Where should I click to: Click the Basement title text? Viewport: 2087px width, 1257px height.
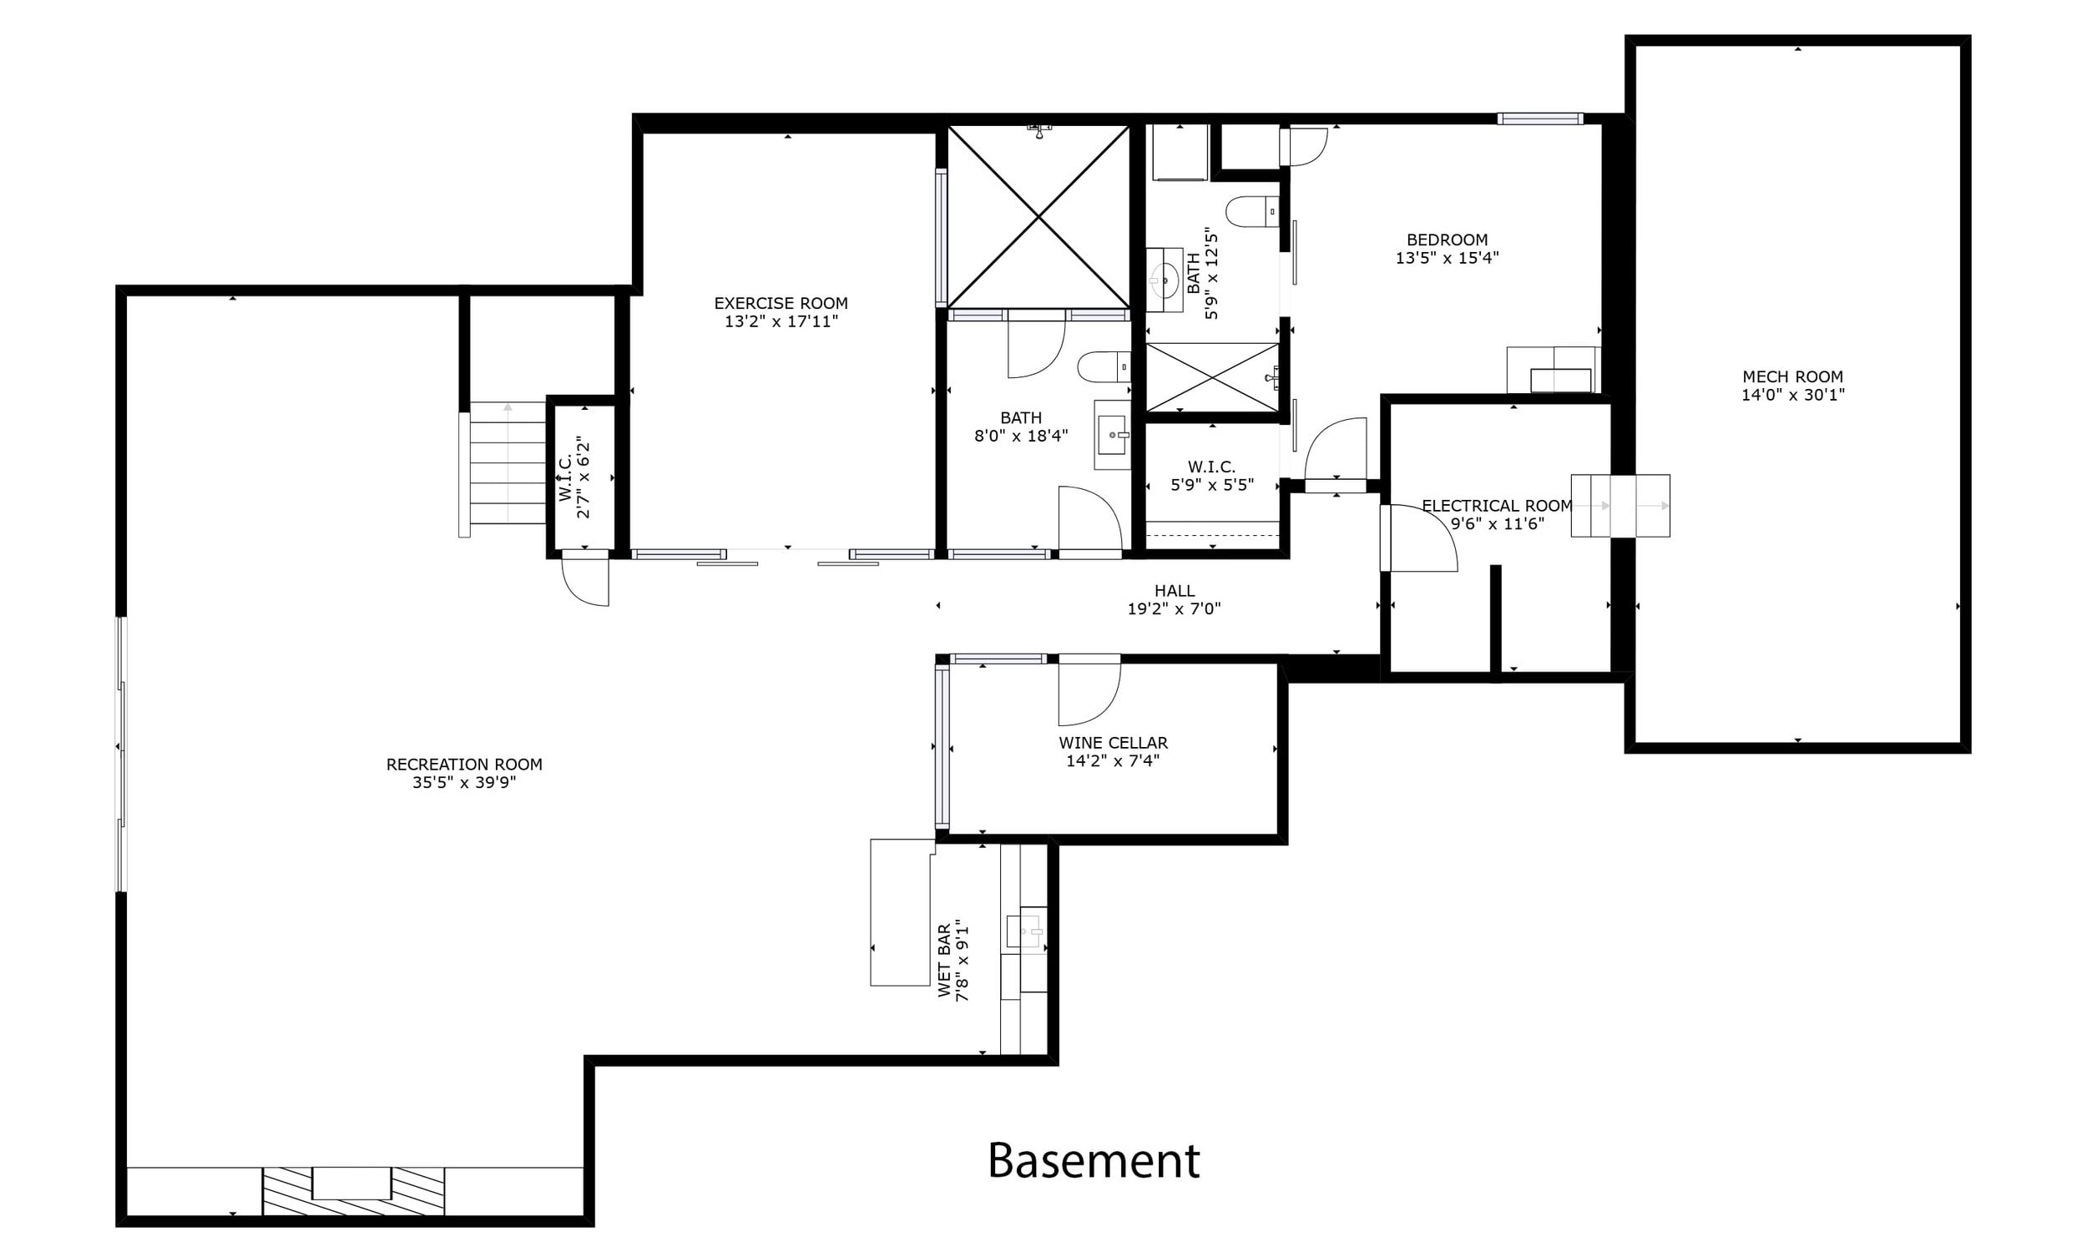click(x=1094, y=1160)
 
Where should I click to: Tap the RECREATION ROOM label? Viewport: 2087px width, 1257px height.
click(x=464, y=764)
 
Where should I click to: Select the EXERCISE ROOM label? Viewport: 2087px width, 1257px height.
click(x=781, y=302)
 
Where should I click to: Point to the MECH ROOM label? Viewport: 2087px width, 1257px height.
click(x=1792, y=376)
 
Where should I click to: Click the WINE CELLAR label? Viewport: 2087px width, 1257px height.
click(x=1113, y=742)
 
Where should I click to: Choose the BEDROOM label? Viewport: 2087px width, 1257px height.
click(x=1448, y=240)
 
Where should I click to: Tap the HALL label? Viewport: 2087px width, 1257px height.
click(x=1175, y=590)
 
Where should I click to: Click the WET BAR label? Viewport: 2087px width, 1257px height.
click(x=945, y=960)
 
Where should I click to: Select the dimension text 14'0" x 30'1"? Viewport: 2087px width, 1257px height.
click(x=1792, y=395)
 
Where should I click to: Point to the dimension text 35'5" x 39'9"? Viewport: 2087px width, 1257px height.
click(x=464, y=783)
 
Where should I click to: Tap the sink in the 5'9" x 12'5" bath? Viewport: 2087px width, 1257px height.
click(x=1165, y=275)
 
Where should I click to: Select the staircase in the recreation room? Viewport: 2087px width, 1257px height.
click(x=507, y=463)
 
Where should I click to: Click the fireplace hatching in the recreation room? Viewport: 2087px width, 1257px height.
click(x=353, y=1191)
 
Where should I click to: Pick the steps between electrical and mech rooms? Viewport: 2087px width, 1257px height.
click(x=1620, y=506)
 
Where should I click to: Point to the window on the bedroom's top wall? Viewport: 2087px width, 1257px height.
click(x=1540, y=119)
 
